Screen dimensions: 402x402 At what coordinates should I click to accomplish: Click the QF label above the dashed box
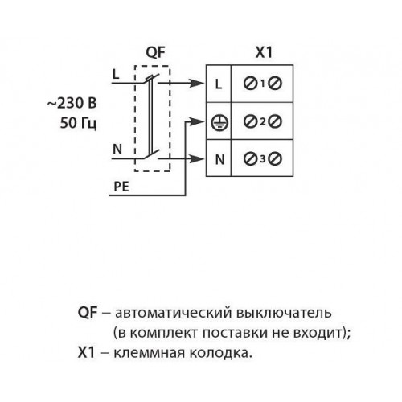tap(155, 52)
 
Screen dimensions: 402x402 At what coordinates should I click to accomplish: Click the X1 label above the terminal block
tap(264, 52)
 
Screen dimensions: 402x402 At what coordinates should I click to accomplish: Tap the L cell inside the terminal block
tap(219, 84)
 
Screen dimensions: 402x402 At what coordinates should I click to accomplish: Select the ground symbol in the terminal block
tap(219, 123)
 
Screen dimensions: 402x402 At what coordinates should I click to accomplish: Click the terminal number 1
tap(263, 84)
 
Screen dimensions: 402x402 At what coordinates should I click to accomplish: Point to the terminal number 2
tap(263, 122)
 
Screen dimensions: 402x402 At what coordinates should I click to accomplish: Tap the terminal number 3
tap(263, 159)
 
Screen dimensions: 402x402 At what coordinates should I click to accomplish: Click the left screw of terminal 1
tap(250, 84)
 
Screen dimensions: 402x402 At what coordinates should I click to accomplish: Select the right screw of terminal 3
tap(275, 158)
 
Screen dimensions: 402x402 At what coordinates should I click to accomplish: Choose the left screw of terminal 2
tap(250, 121)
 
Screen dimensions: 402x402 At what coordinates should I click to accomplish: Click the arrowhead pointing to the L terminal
tap(197, 83)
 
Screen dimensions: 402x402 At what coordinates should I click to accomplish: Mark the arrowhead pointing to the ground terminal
tap(197, 121)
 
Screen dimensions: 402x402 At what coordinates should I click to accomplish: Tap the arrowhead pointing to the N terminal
tap(197, 158)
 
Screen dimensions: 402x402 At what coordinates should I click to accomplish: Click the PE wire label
tap(121, 187)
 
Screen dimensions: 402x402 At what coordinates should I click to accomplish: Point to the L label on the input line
tap(116, 74)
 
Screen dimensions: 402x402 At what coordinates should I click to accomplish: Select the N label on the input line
tap(117, 149)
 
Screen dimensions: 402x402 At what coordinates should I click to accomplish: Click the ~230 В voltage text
tap(72, 103)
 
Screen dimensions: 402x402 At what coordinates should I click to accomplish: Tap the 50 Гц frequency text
tap(78, 123)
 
